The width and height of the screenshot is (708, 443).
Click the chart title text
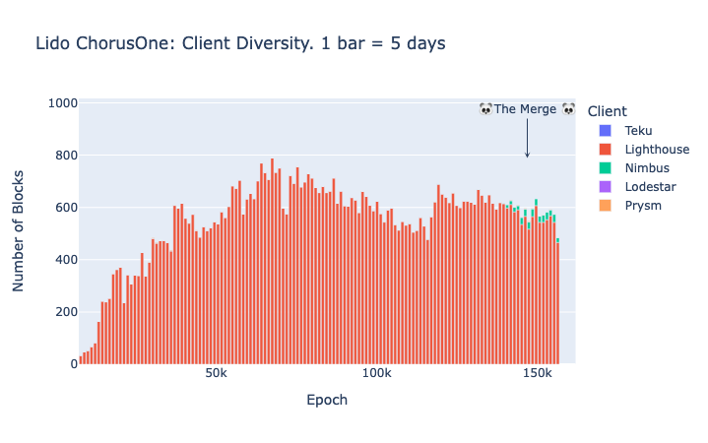point(240,43)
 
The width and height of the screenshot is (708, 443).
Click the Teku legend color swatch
point(606,131)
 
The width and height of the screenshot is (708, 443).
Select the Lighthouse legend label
point(657,150)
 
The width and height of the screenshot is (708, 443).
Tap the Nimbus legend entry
point(647,168)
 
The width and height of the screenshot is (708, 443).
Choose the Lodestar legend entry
point(651,187)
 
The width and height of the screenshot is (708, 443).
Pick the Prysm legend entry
point(642,206)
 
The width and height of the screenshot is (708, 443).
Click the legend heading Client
point(607,110)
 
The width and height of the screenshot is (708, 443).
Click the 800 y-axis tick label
point(64,156)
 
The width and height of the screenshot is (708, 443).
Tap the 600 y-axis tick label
point(64,208)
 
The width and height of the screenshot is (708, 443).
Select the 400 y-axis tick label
point(64,260)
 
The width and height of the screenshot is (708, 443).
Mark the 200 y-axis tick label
point(64,312)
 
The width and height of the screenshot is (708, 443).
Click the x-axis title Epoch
point(327,401)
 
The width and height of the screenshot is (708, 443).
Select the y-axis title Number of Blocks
point(19,232)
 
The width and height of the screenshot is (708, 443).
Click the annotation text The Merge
point(526,109)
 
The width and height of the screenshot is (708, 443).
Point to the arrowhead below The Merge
point(527,155)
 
